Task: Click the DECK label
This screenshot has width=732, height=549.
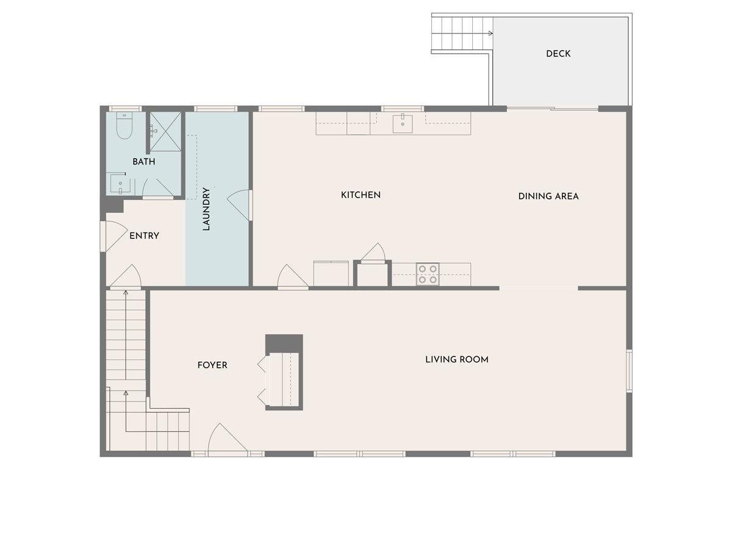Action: click(558, 54)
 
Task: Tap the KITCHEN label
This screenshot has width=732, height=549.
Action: click(361, 195)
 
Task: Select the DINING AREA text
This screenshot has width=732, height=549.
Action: click(548, 196)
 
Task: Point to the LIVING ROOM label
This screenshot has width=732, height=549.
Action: click(457, 359)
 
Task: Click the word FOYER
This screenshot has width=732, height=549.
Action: click(212, 365)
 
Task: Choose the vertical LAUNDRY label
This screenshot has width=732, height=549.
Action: click(206, 209)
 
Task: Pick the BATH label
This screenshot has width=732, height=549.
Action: click(144, 162)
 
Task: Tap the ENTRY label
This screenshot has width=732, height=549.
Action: click(144, 235)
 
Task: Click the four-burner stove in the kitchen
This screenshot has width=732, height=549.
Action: click(428, 274)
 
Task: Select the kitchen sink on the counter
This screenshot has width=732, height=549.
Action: click(403, 124)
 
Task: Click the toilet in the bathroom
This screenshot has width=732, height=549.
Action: click(124, 126)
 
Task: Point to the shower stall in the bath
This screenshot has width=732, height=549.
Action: click(165, 131)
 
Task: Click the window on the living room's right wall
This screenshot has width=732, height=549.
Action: click(629, 370)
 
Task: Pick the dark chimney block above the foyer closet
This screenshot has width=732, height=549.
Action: click(284, 343)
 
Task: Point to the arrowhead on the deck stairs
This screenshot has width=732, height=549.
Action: click(490, 34)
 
